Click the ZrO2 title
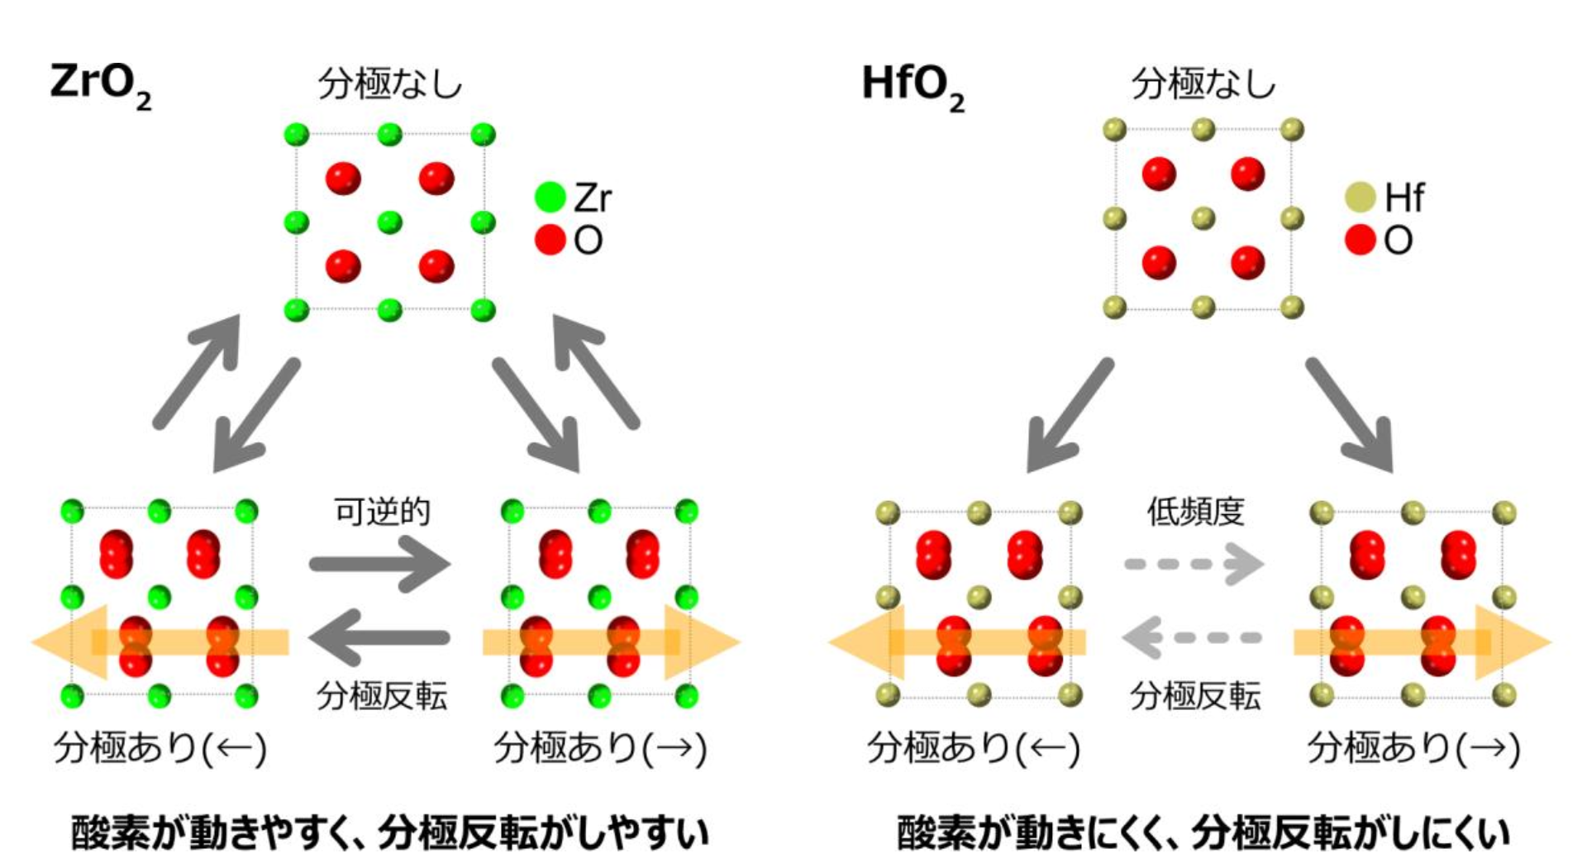pos(100,86)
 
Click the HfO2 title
pos(912,86)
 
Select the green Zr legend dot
pos(550,198)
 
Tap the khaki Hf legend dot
pos(1360,198)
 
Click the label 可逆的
pos(382,512)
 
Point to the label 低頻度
pos(1195,512)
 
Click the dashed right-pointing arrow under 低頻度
pos(1195,565)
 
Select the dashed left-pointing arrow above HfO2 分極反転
pos(1192,637)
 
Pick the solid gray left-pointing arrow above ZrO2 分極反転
pos(380,637)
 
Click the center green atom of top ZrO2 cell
pos(389,222)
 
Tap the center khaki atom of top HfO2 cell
pos(1203,218)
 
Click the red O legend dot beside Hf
pos(1360,240)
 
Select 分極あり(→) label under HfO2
pos(1413,748)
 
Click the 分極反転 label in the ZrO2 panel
pos(382,696)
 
